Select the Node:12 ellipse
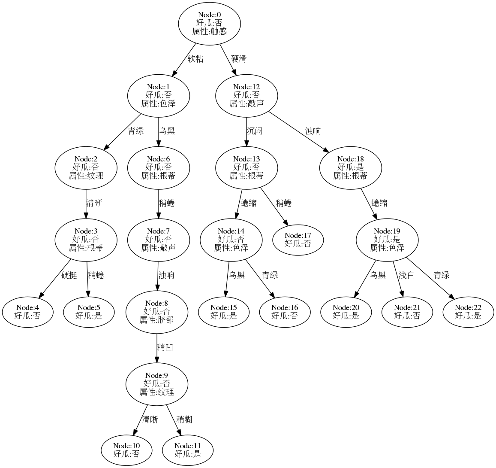click(246, 95)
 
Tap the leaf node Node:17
click(298, 240)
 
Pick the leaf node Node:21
click(407, 312)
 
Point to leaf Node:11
click(188, 449)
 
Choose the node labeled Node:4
click(28, 312)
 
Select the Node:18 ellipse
click(350, 167)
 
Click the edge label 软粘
click(195, 59)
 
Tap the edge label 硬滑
click(239, 59)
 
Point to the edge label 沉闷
click(254, 131)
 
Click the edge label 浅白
click(406, 275)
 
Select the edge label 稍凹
click(165, 347)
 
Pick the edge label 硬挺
click(69, 275)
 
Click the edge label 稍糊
click(184, 419)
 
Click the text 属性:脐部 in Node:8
click(157, 319)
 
